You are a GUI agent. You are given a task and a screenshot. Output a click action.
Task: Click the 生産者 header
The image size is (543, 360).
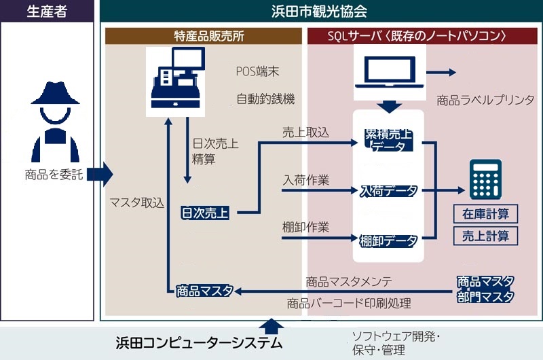coord(46,11)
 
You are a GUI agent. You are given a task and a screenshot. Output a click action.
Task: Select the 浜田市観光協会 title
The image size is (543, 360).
coord(319,11)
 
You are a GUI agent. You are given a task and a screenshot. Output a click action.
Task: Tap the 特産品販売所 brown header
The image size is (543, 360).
coord(204,35)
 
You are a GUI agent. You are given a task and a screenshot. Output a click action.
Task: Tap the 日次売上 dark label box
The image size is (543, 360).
coord(204,213)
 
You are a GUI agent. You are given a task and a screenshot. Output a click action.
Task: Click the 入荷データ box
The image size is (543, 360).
coord(389,192)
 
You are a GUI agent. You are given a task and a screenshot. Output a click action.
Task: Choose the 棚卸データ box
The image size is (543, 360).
coord(389,239)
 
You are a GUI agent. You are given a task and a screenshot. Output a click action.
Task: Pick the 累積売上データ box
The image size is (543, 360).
coord(389,139)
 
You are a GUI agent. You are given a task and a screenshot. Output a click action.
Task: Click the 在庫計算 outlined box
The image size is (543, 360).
coord(485,214)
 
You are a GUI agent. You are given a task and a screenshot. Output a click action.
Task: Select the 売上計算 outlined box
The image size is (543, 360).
coord(485,236)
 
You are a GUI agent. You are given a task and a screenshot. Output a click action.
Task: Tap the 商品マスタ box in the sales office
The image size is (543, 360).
coord(204,290)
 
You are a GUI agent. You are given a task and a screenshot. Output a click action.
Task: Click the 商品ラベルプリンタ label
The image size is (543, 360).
coord(485,101)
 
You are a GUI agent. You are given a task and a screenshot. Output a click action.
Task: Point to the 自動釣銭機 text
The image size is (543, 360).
coord(266,99)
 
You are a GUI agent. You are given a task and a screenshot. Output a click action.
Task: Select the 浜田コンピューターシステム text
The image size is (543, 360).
coord(198,343)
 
